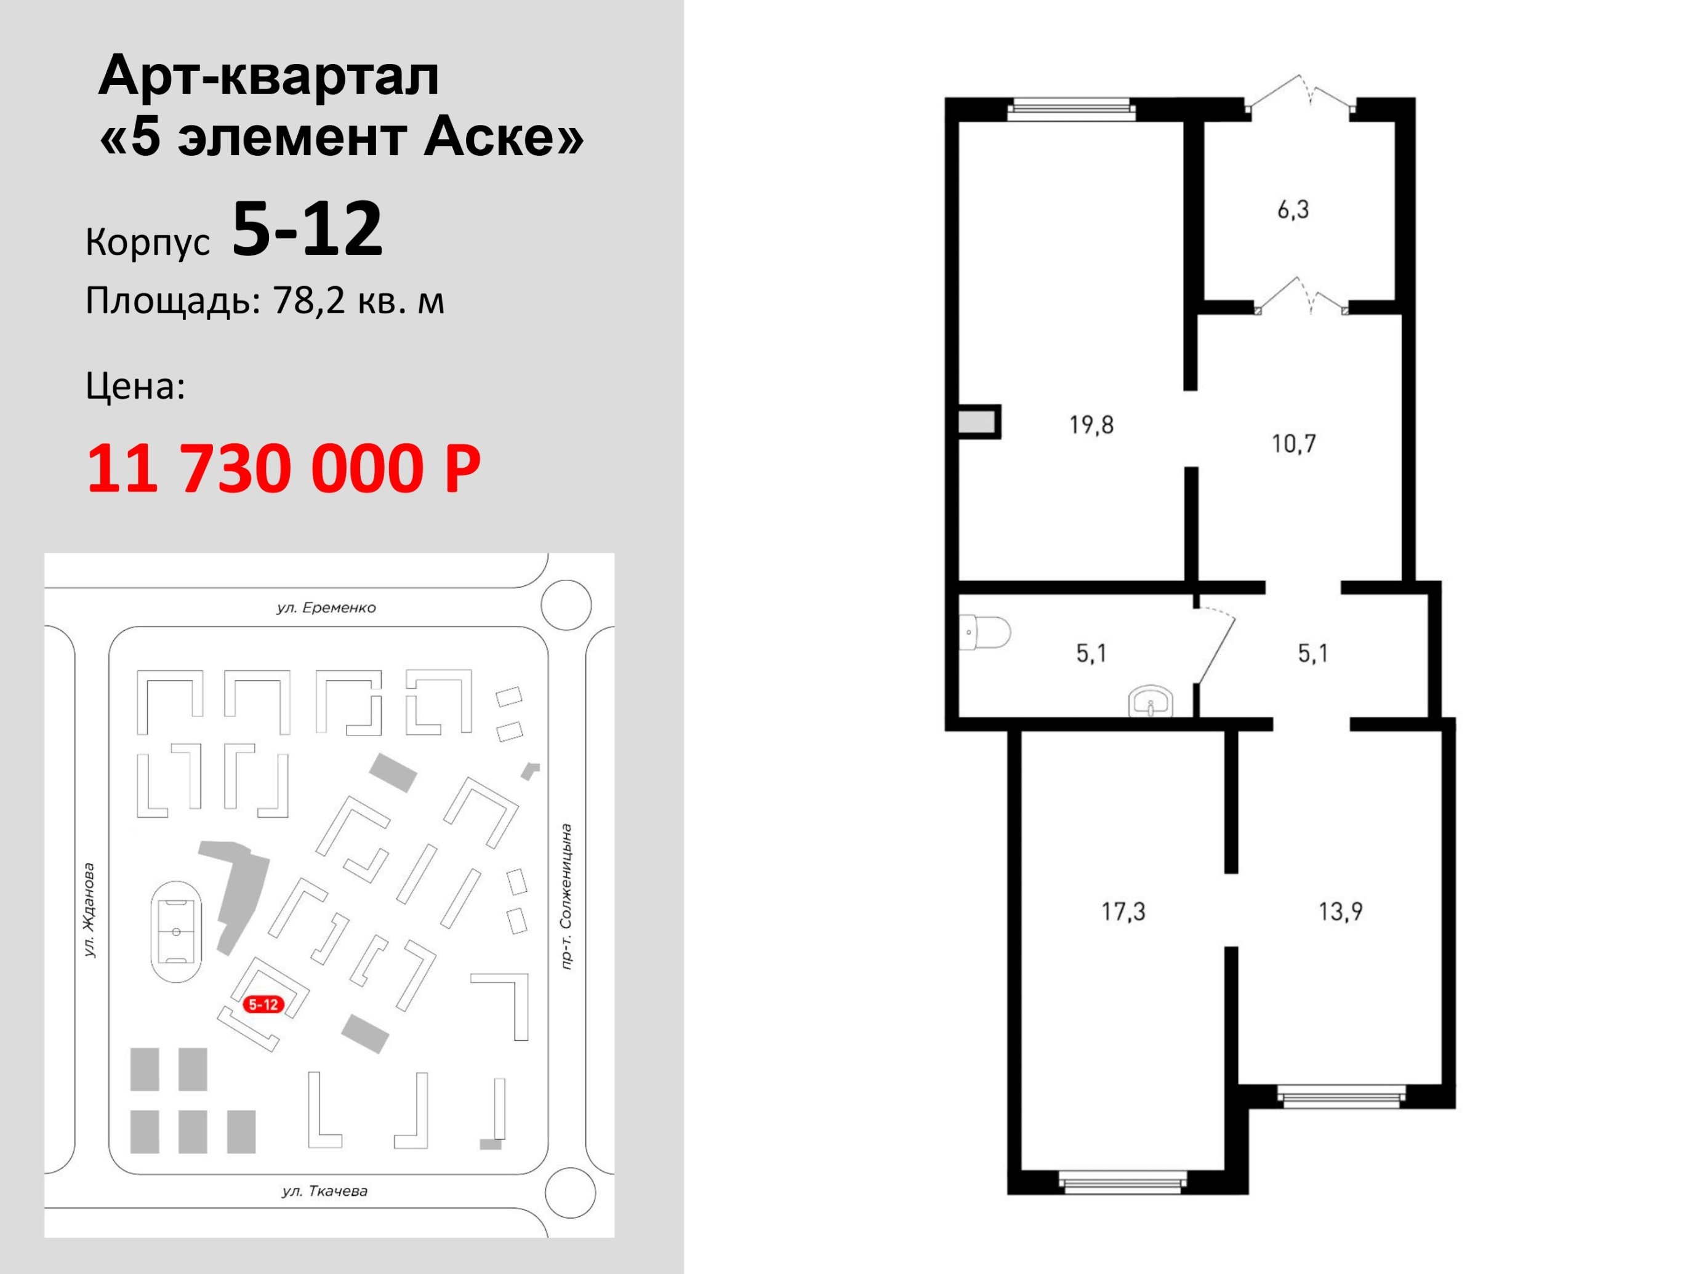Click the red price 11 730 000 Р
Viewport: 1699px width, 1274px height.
coord(283,468)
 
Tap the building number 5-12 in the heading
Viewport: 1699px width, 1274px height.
coord(307,228)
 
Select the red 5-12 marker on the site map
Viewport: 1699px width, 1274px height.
coord(263,1004)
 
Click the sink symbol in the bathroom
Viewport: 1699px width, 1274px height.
coord(1150,701)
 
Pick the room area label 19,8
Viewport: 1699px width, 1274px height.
coord(1091,424)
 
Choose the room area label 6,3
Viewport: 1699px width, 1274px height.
coord(1293,209)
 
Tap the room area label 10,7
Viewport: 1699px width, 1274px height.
coord(1294,443)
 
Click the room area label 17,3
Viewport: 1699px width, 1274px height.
coord(1123,911)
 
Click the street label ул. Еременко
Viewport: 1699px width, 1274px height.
coord(326,608)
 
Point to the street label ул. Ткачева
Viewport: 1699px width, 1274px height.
coord(325,1192)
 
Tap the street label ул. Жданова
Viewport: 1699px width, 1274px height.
coord(89,910)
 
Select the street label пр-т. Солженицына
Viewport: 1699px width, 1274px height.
coord(567,897)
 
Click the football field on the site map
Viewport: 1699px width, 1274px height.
coord(177,932)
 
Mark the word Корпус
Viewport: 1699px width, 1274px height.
coord(148,242)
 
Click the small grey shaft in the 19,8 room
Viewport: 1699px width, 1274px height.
coord(978,422)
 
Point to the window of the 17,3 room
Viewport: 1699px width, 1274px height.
coord(1122,1182)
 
